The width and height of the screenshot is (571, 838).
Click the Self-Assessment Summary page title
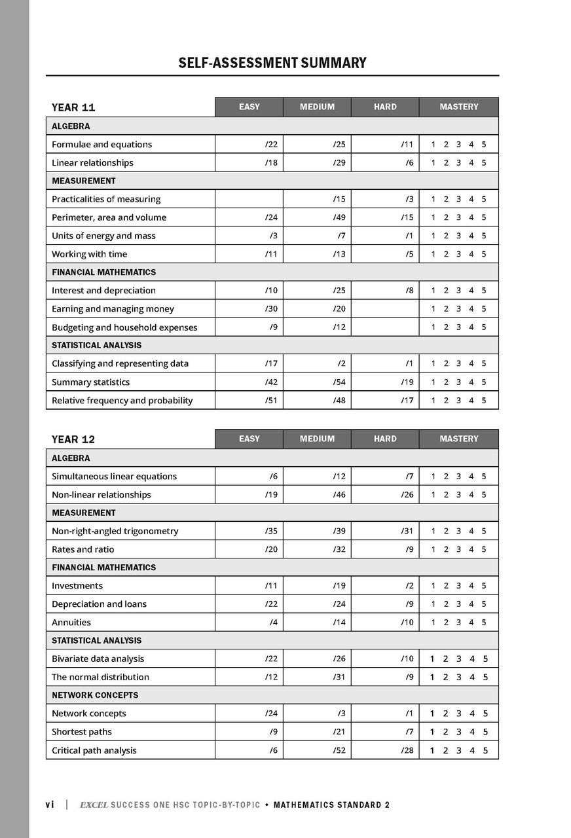point(272,63)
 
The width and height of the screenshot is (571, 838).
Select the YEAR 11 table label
point(73,107)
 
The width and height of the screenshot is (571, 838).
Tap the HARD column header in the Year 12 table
point(385,439)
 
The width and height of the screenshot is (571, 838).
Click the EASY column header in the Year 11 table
point(249,107)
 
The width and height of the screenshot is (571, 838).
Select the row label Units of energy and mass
point(103,236)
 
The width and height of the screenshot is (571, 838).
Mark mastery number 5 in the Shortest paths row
point(485,732)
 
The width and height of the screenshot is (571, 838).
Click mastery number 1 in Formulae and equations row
point(433,145)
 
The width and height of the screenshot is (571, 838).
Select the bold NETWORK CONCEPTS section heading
point(95,695)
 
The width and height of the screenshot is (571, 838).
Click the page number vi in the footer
point(50,805)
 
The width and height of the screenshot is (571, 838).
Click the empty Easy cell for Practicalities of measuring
point(249,199)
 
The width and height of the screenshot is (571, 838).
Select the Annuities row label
point(71,622)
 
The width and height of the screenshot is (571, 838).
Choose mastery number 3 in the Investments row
point(458,586)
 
